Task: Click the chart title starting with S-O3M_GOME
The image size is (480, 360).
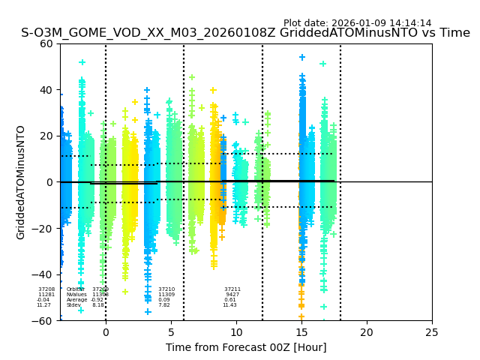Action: click(245, 33)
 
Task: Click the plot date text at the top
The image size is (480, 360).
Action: click(357, 23)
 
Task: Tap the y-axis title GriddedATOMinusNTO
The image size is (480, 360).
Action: click(21, 182)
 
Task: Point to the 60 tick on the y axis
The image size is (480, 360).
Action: click(46, 43)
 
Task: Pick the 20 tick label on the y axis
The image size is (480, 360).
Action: click(46, 136)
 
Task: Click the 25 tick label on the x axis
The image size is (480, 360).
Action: click(432, 332)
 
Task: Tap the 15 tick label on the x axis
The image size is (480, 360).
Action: click(301, 332)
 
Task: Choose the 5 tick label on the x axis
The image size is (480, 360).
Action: click(171, 332)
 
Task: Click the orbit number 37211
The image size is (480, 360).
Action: click(232, 289)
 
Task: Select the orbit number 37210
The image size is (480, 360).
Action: click(166, 289)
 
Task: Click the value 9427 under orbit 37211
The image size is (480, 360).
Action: click(232, 295)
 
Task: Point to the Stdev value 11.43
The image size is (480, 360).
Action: click(229, 305)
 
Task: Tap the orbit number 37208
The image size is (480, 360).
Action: click(46, 289)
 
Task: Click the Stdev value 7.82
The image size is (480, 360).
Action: click(164, 305)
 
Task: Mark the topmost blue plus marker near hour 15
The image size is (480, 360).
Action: click(302, 57)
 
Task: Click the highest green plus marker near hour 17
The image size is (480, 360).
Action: click(323, 64)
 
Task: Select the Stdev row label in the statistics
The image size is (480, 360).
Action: click(73, 305)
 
